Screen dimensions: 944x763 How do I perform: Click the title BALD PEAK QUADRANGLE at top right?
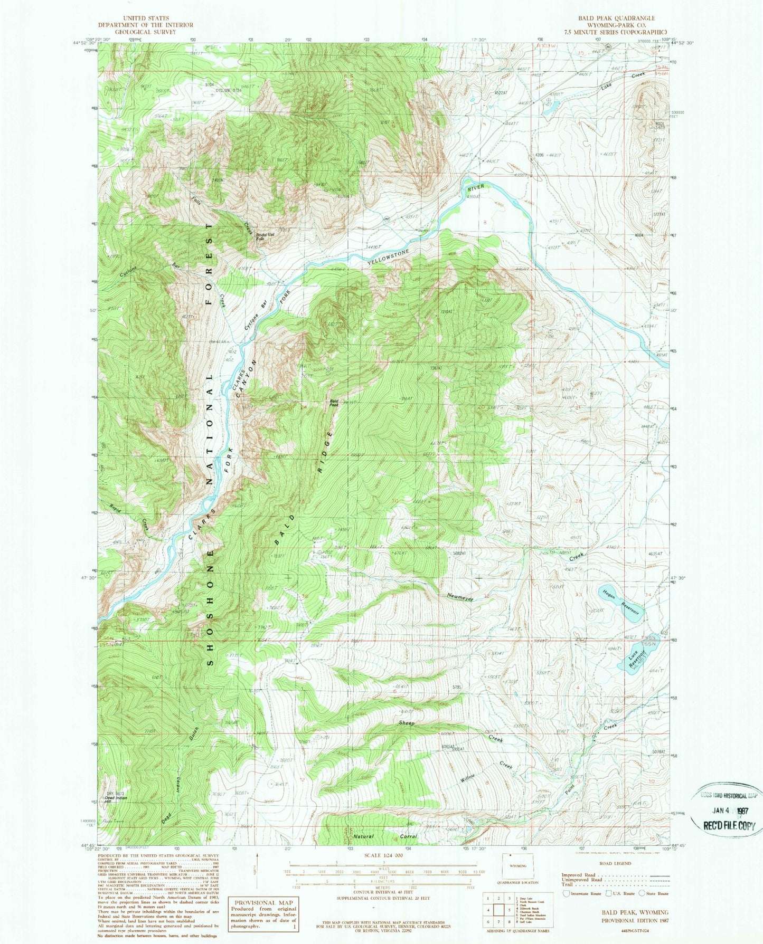[616, 18]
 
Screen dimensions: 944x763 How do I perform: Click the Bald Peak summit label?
[334, 403]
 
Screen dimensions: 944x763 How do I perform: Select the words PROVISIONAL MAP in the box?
[262, 903]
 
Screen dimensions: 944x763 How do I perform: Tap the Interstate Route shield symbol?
[568, 893]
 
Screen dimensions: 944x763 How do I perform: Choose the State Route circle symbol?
[643, 893]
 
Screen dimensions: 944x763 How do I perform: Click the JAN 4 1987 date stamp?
[728, 808]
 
